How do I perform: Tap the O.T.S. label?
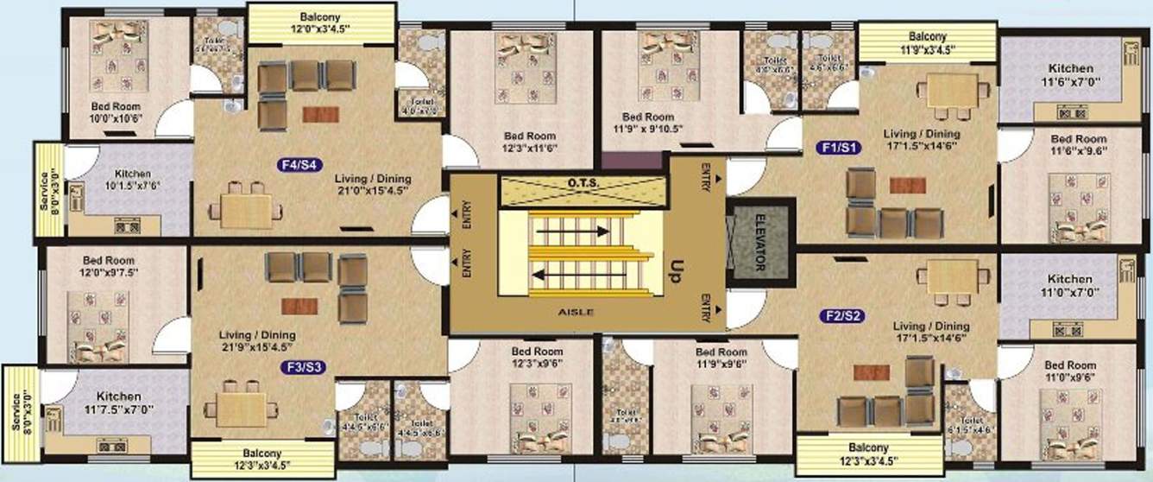pyautogui.click(x=583, y=183)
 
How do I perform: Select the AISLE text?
pyautogui.click(x=577, y=312)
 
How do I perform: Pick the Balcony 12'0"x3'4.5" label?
pyautogui.click(x=320, y=23)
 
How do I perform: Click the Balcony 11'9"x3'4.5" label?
pyautogui.click(x=927, y=43)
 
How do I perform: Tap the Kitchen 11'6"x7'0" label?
pyautogui.click(x=1070, y=74)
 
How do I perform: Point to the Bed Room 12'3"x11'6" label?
pyautogui.click(x=531, y=143)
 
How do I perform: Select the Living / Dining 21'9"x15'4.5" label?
pyautogui.click(x=258, y=342)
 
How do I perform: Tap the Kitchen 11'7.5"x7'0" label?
pyautogui.click(x=117, y=403)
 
